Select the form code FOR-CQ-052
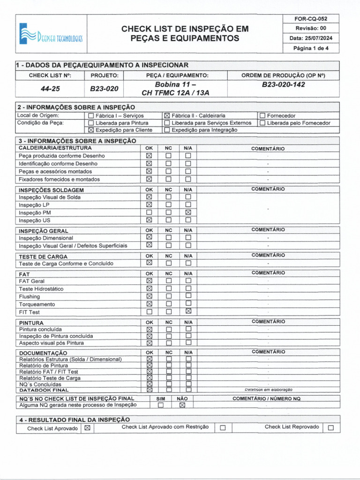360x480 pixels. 311,19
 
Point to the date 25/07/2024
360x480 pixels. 311,38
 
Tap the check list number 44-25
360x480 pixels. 50,88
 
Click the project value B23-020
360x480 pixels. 105,88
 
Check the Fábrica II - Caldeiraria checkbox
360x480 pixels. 167,116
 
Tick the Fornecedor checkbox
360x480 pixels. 262,116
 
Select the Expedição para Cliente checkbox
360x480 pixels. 91,130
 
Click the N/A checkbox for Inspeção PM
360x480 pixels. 188,213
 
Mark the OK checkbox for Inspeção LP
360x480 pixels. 149,205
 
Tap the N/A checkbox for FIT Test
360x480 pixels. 188,312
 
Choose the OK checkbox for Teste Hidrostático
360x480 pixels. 149,289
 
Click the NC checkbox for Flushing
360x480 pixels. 169,296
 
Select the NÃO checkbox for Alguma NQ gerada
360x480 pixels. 182,405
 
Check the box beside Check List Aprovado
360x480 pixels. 87,428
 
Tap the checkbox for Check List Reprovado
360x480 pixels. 331,427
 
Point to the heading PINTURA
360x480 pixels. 31,323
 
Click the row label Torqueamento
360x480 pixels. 37,304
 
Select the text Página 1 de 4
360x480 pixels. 311,48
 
